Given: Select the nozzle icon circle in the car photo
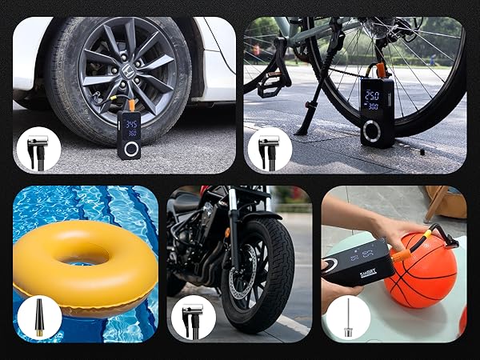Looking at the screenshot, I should point(38,149).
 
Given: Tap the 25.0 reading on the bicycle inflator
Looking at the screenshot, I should point(372,94).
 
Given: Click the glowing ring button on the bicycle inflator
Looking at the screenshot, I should point(372,130).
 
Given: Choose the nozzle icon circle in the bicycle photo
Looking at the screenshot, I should point(269,149).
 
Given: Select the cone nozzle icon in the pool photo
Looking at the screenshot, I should point(38,318).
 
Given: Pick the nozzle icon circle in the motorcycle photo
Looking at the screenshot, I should point(192,318).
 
